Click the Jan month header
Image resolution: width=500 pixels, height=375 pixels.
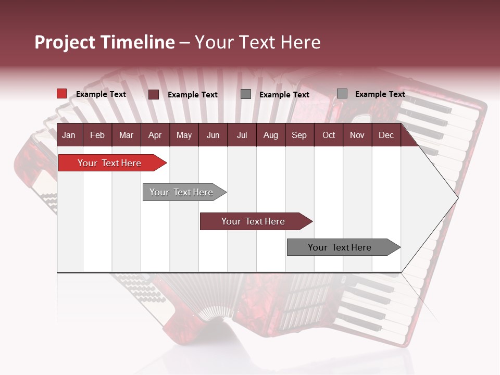69,135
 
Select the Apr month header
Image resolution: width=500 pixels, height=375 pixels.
155,135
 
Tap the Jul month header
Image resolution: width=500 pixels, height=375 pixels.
242,135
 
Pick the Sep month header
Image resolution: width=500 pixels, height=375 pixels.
299,135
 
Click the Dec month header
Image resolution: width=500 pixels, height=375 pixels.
386,135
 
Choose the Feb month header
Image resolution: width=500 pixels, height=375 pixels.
97,135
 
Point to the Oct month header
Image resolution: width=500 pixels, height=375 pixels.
329,135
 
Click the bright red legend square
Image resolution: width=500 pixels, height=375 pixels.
61,94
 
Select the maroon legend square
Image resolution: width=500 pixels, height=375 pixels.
154,94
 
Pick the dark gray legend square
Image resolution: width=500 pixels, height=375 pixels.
246,94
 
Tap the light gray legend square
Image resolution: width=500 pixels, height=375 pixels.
342,94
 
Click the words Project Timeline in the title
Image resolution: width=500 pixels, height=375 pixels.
104,42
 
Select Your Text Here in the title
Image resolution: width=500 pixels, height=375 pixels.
257,42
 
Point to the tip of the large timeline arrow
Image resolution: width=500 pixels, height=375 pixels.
457,197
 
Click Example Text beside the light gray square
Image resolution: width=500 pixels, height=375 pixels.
380,94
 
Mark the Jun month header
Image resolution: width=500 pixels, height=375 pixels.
213,135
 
